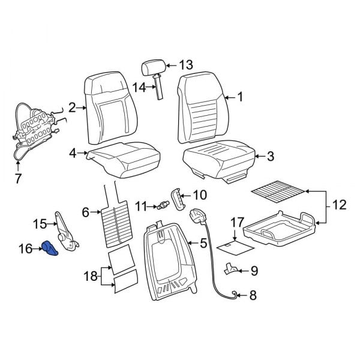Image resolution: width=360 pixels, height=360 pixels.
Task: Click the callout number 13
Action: pos(185,65)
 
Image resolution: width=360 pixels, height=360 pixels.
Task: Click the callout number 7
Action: pos(18,178)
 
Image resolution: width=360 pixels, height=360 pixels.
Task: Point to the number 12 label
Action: pos(339,205)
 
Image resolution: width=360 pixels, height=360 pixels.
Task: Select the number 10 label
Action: pos(199,194)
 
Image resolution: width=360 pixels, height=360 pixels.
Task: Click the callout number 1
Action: pos(240,96)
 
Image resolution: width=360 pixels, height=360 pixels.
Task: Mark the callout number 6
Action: pos(85,211)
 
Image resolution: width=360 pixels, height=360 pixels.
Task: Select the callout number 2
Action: pos(72,108)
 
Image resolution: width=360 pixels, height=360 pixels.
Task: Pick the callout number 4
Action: pos(73,154)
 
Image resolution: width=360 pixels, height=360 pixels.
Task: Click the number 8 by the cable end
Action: pos(252,295)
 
